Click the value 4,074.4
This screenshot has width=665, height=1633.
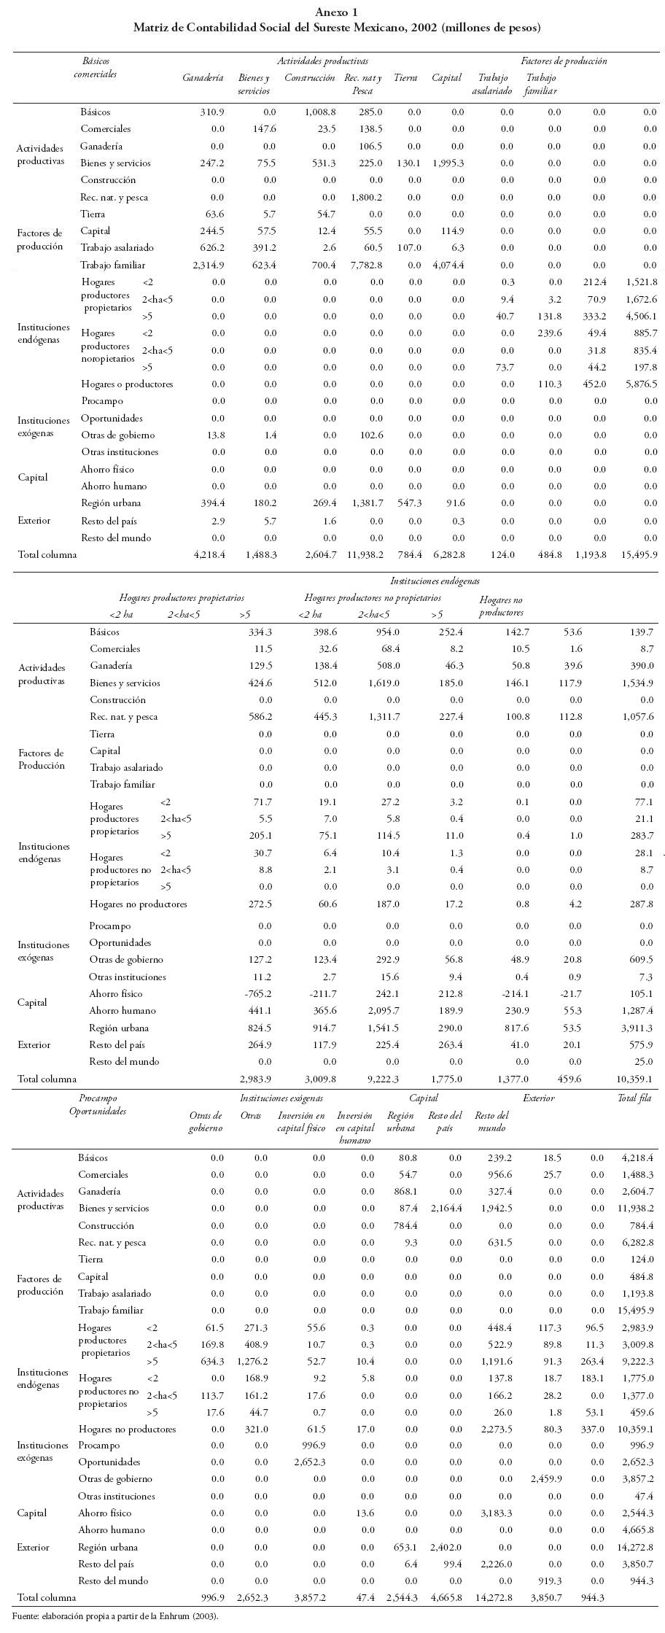448,265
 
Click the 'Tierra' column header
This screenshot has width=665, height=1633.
405,78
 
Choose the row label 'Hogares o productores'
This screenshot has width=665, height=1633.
127,384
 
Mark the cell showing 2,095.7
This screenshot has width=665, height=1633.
384,1011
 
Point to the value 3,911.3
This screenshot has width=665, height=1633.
637,1028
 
